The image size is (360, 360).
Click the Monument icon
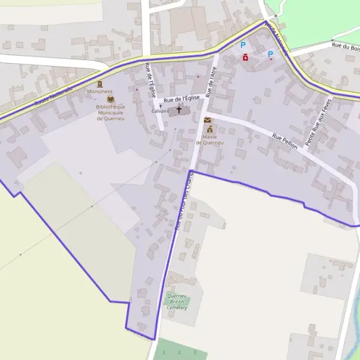pyautogui.click(x=100, y=83)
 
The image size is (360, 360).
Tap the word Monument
pyautogui.click(x=100, y=92)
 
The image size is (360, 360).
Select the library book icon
pyautogui.click(x=110, y=100)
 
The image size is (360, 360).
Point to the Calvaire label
pyautogui.click(x=160, y=111)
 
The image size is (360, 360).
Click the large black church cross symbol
pyautogui.click(x=179, y=110)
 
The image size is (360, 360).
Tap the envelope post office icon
pyautogui.click(x=208, y=121)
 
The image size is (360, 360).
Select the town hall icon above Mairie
pyautogui.click(x=209, y=129)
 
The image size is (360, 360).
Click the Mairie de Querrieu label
pyautogui.click(x=209, y=140)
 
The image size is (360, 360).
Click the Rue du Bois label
pyautogui.click(x=345, y=44)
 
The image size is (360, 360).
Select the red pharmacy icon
pyautogui.click(x=245, y=57)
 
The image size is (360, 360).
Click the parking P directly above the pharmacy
pyautogui.click(x=243, y=44)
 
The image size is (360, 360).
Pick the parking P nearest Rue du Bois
pyautogui.click(x=270, y=54)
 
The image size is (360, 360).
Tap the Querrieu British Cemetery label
pyautogui.click(x=177, y=302)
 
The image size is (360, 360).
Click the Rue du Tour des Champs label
pyautogui.click(x=183, y=201)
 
